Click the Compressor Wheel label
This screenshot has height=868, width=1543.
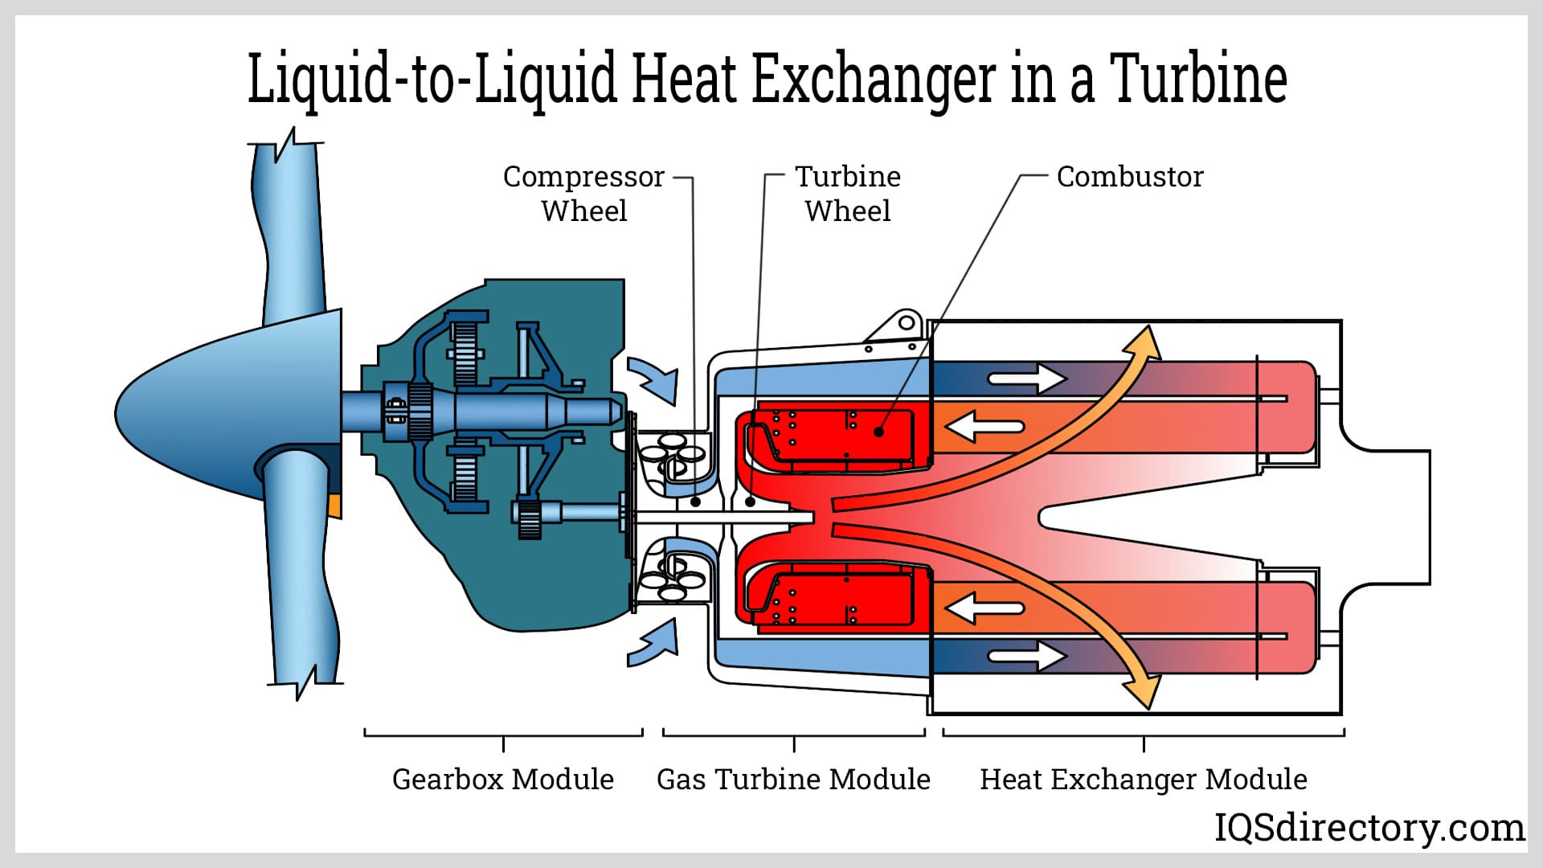pyautogui.click(x=583, y=194)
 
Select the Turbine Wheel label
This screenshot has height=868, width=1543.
pyautogui.click(x=848, y=194)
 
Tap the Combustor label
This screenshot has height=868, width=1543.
pyautogui.click(x=1130, y=177)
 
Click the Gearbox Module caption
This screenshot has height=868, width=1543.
pyautogui.click(x=503, y=779)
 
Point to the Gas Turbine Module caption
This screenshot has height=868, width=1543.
pyautogui.click(x=793, y=779)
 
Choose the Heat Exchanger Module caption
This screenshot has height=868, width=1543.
pyautogui.click(x=1143, y=779)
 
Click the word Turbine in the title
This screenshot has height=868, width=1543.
pyautogui.click(x=1198, y=79)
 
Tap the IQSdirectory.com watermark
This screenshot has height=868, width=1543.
pyautogui.click(x=1369, y=827)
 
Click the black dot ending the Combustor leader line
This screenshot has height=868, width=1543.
pyautogui.click(x=879, y=432)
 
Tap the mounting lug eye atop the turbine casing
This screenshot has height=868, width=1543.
pyautogui.click(x=907, y=324)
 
